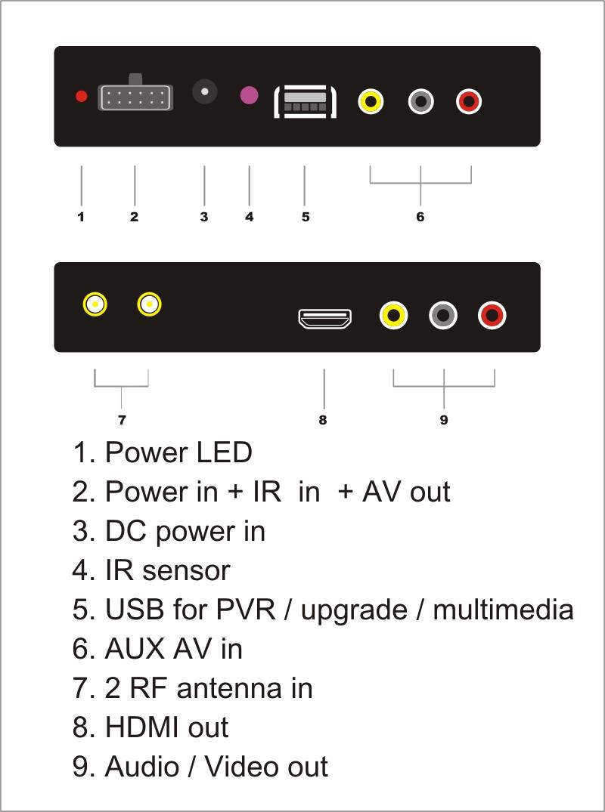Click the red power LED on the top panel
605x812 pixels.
click(82, 96)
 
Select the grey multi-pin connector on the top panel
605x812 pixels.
click(135, 97)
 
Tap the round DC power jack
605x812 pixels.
click(205, 91)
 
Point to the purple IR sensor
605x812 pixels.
click(250, 95)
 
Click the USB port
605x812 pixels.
click(306, 101)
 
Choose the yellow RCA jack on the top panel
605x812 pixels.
click(371, 101)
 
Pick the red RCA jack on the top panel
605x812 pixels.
click(469, 101)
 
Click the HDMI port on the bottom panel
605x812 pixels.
click(325, 319)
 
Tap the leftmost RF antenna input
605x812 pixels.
click(95, 304)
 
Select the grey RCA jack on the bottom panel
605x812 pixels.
click(443, 315)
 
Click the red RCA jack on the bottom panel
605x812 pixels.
click(492, 315)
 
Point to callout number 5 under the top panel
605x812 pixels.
click(306, 217)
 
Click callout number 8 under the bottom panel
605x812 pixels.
click(323, 420)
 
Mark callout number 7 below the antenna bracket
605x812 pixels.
click(122, 420)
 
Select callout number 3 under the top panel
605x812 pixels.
click(204, 217)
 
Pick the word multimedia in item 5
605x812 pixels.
click(504, 610)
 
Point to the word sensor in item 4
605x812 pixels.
click(186, 571)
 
